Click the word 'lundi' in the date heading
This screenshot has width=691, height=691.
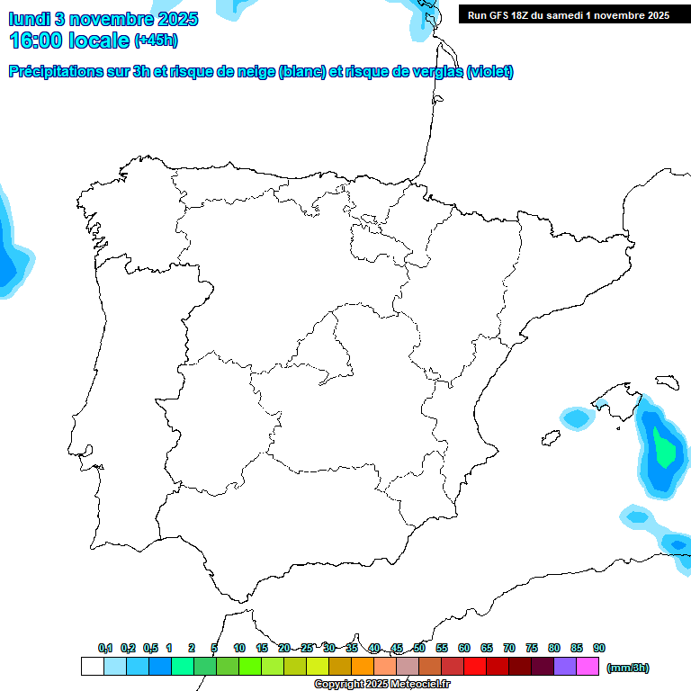(30, 19)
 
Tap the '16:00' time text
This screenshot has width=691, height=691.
(35, 40)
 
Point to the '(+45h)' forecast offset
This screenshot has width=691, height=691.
(156, 40)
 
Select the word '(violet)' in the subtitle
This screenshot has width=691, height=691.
(489, 72)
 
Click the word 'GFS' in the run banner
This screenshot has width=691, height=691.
(504, 15)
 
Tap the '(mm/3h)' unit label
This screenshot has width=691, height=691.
(628, 668)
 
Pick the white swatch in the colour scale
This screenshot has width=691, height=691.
(92, 667)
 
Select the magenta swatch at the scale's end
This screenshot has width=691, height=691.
(588, 667)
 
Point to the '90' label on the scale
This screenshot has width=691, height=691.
(599, 648)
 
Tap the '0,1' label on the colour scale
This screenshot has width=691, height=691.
(105, 648)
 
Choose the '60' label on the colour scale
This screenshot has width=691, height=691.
(464, 648)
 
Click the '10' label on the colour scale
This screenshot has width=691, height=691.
(239, 648)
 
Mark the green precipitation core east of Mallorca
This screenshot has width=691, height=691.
(665, 448)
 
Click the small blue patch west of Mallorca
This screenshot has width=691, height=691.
(575, 418)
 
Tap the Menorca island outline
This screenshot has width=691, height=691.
(667, 382)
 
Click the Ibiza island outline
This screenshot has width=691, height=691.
(550, 438)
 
